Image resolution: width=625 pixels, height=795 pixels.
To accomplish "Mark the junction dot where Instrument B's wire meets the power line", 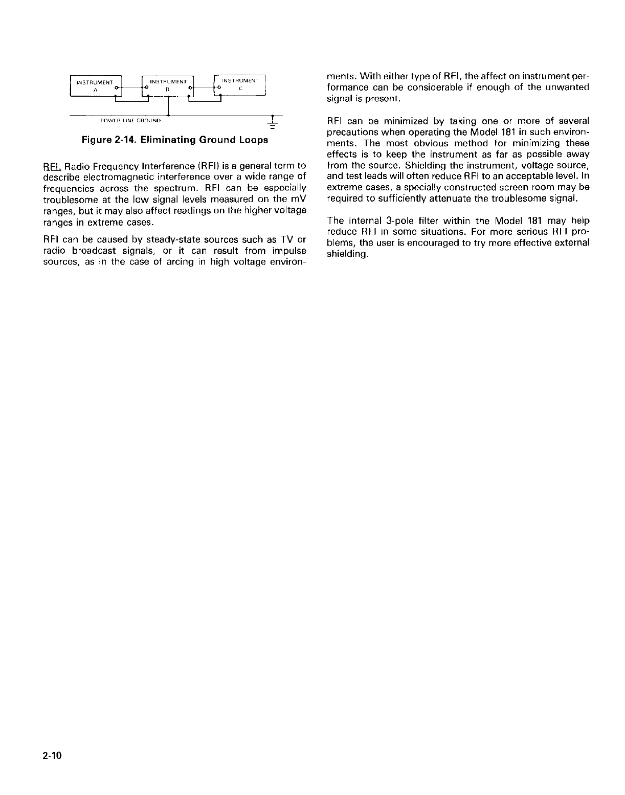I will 168,116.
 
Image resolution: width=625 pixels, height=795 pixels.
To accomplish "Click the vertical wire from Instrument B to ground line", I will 168,108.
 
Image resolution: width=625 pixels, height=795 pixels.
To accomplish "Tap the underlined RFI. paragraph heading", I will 52,166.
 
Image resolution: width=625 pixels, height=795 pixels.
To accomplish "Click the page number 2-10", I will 52,756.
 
